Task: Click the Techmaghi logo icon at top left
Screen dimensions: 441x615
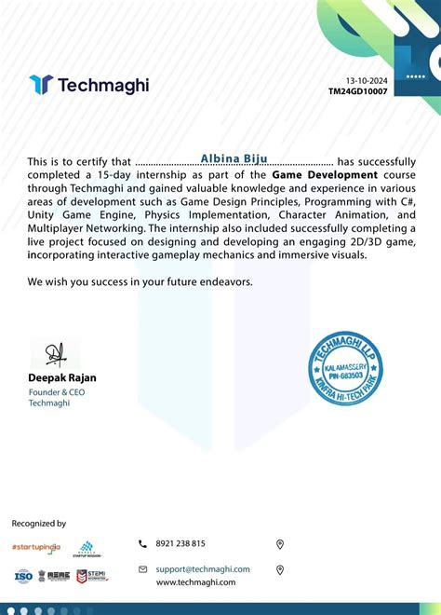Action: coord(40,85)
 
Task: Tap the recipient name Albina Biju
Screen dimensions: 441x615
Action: coord(234,159)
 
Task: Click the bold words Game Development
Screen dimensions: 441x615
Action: coord(325,174)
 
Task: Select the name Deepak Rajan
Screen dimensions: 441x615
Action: coord(62,378)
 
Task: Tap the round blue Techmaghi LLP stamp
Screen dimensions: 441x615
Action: coord(345,367)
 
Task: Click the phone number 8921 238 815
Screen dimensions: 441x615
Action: coord(180,543)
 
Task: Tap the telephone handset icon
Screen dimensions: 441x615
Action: coord(142,543)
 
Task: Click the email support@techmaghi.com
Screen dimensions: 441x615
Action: coord(203,568)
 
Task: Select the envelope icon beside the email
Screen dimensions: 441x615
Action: coord(142,568)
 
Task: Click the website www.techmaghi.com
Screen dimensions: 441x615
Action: coord(195,581)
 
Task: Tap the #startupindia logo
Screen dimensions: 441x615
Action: coord(35,548)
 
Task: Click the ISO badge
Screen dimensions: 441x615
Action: coord(23,576)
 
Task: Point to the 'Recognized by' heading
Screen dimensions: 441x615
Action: coord(39,524)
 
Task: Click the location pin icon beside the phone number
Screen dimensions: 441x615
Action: coord(280,544)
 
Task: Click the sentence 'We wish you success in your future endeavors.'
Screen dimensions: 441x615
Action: coord(140,280)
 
